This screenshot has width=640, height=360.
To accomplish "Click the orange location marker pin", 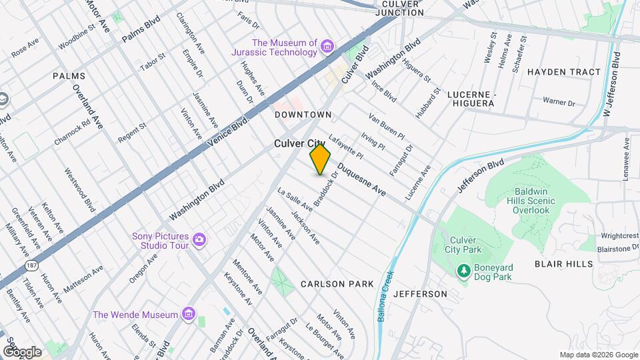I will (x=320, y=159).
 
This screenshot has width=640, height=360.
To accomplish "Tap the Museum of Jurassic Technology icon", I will (x=327, y=46).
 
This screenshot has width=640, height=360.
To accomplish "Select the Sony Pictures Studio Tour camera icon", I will (x=199, y=239).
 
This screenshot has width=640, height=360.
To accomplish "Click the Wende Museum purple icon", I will (x=189, y=314).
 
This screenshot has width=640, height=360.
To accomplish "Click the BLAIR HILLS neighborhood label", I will (x=563, y=264).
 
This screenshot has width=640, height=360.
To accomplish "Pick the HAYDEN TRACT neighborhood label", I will (x=563, y=72).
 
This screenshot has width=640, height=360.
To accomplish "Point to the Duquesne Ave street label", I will (x=361, y=179).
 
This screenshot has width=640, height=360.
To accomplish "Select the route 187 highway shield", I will (x=31, y=266).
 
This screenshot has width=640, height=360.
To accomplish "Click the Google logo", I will (x=22, y=351).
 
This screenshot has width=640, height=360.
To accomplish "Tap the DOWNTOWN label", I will (x=303, y=115).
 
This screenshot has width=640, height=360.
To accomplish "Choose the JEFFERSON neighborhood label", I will (x=421, y=294).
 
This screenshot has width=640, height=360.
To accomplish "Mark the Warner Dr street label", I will (x=558, y=102).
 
